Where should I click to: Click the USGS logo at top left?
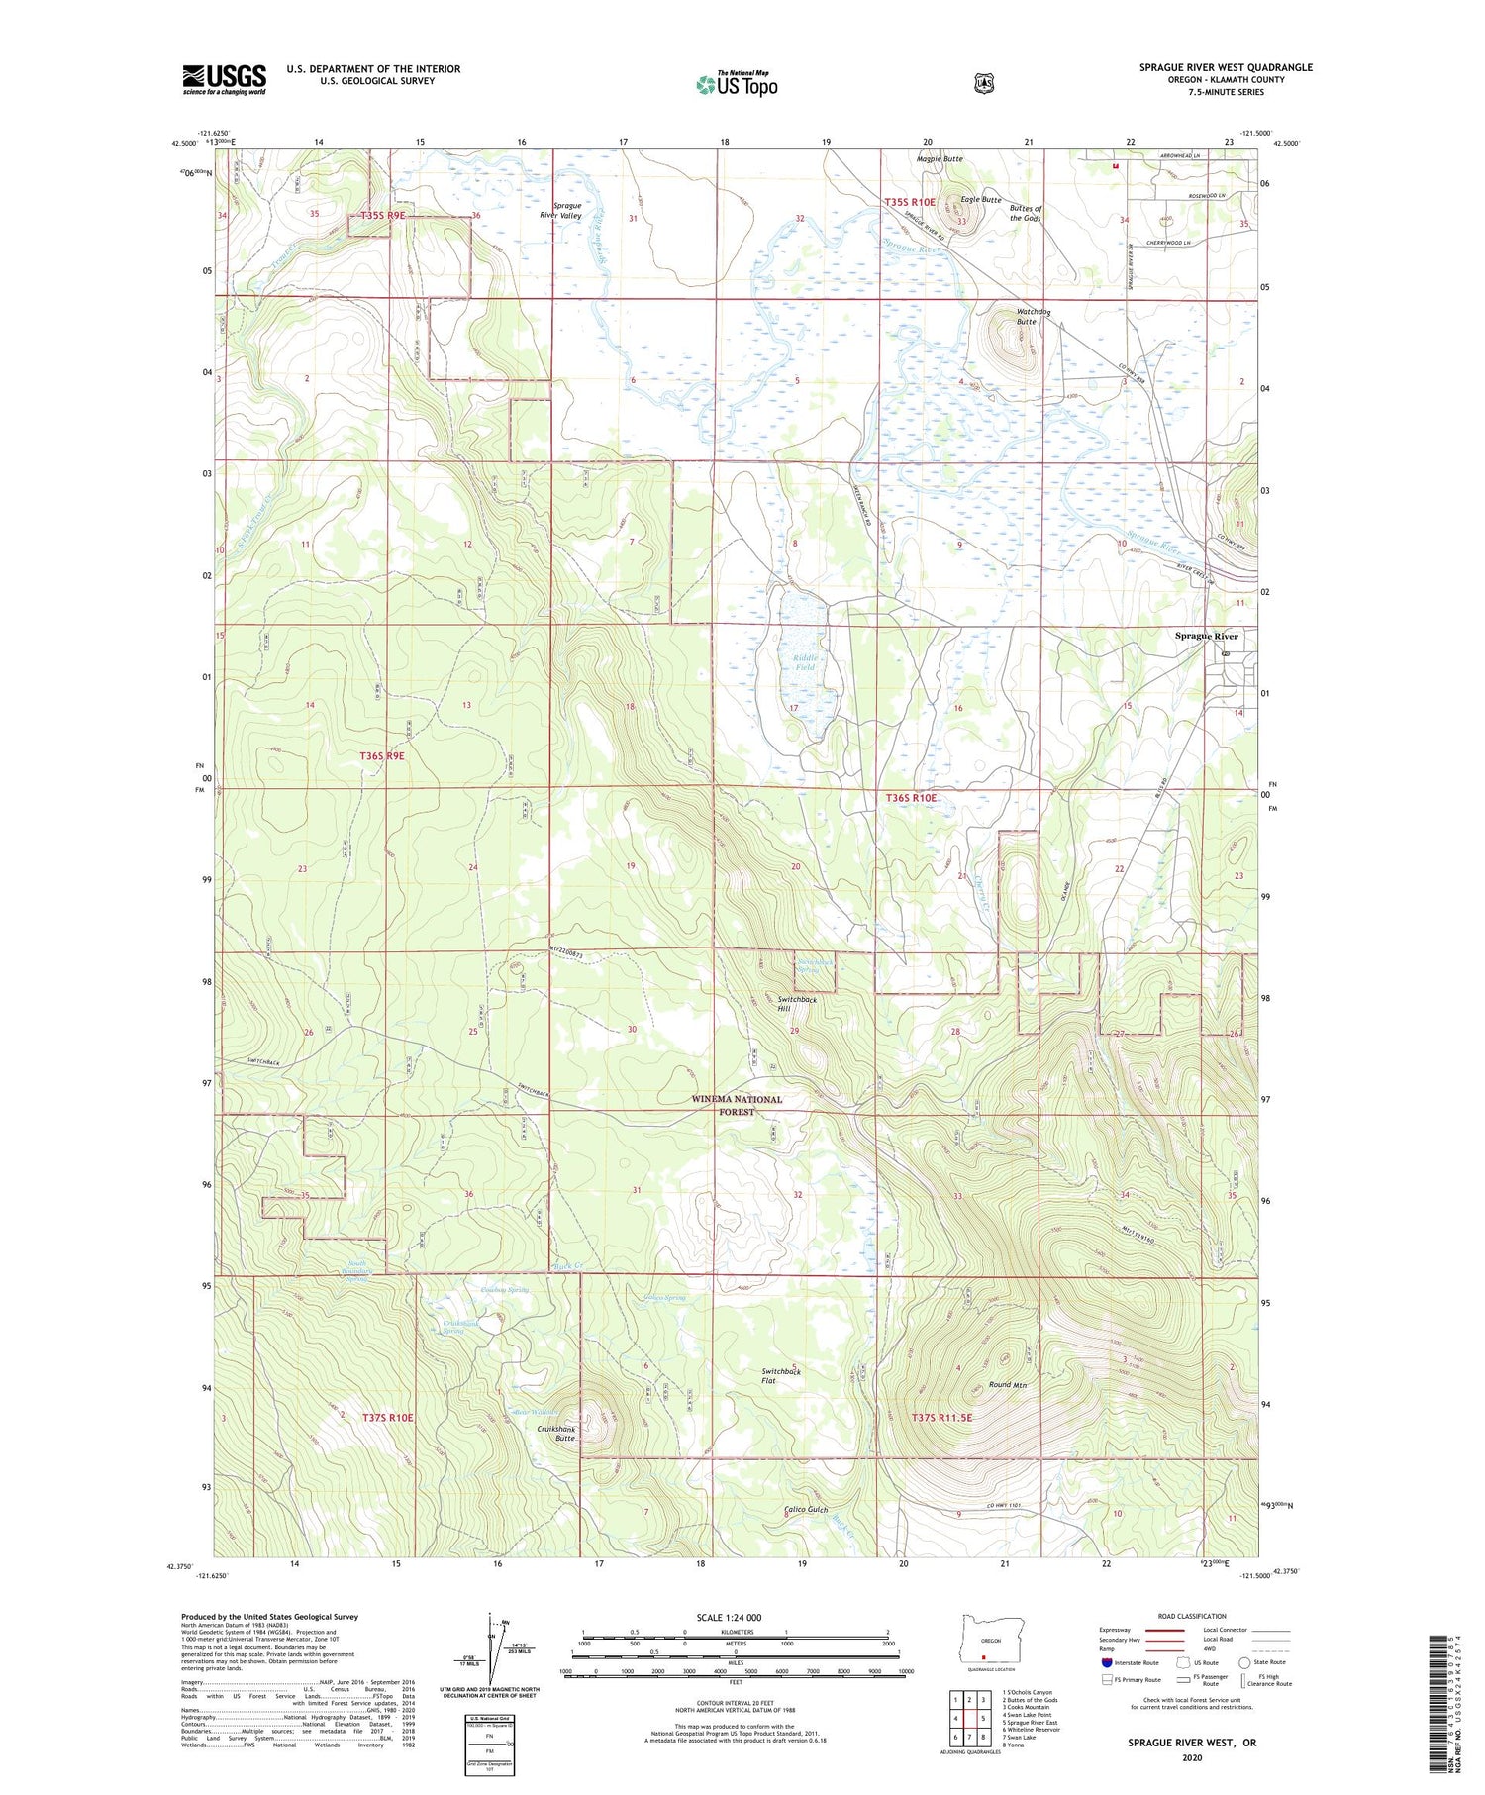tap(225, 79)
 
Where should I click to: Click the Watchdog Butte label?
tap(1027, 317)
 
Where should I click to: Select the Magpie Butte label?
tap(939, 159)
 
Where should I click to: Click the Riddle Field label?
tap(805, 661)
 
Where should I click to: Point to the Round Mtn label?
tap(1006, 1384)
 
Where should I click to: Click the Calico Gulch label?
tap(805, 1509)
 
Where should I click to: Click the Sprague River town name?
tap(1206, 636)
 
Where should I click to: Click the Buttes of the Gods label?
tap(1025, 213)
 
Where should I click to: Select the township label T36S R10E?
tap(910, 797)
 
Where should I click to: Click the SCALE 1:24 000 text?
tap(729, 1618)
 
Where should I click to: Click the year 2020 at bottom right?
tap(1191, 1758)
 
